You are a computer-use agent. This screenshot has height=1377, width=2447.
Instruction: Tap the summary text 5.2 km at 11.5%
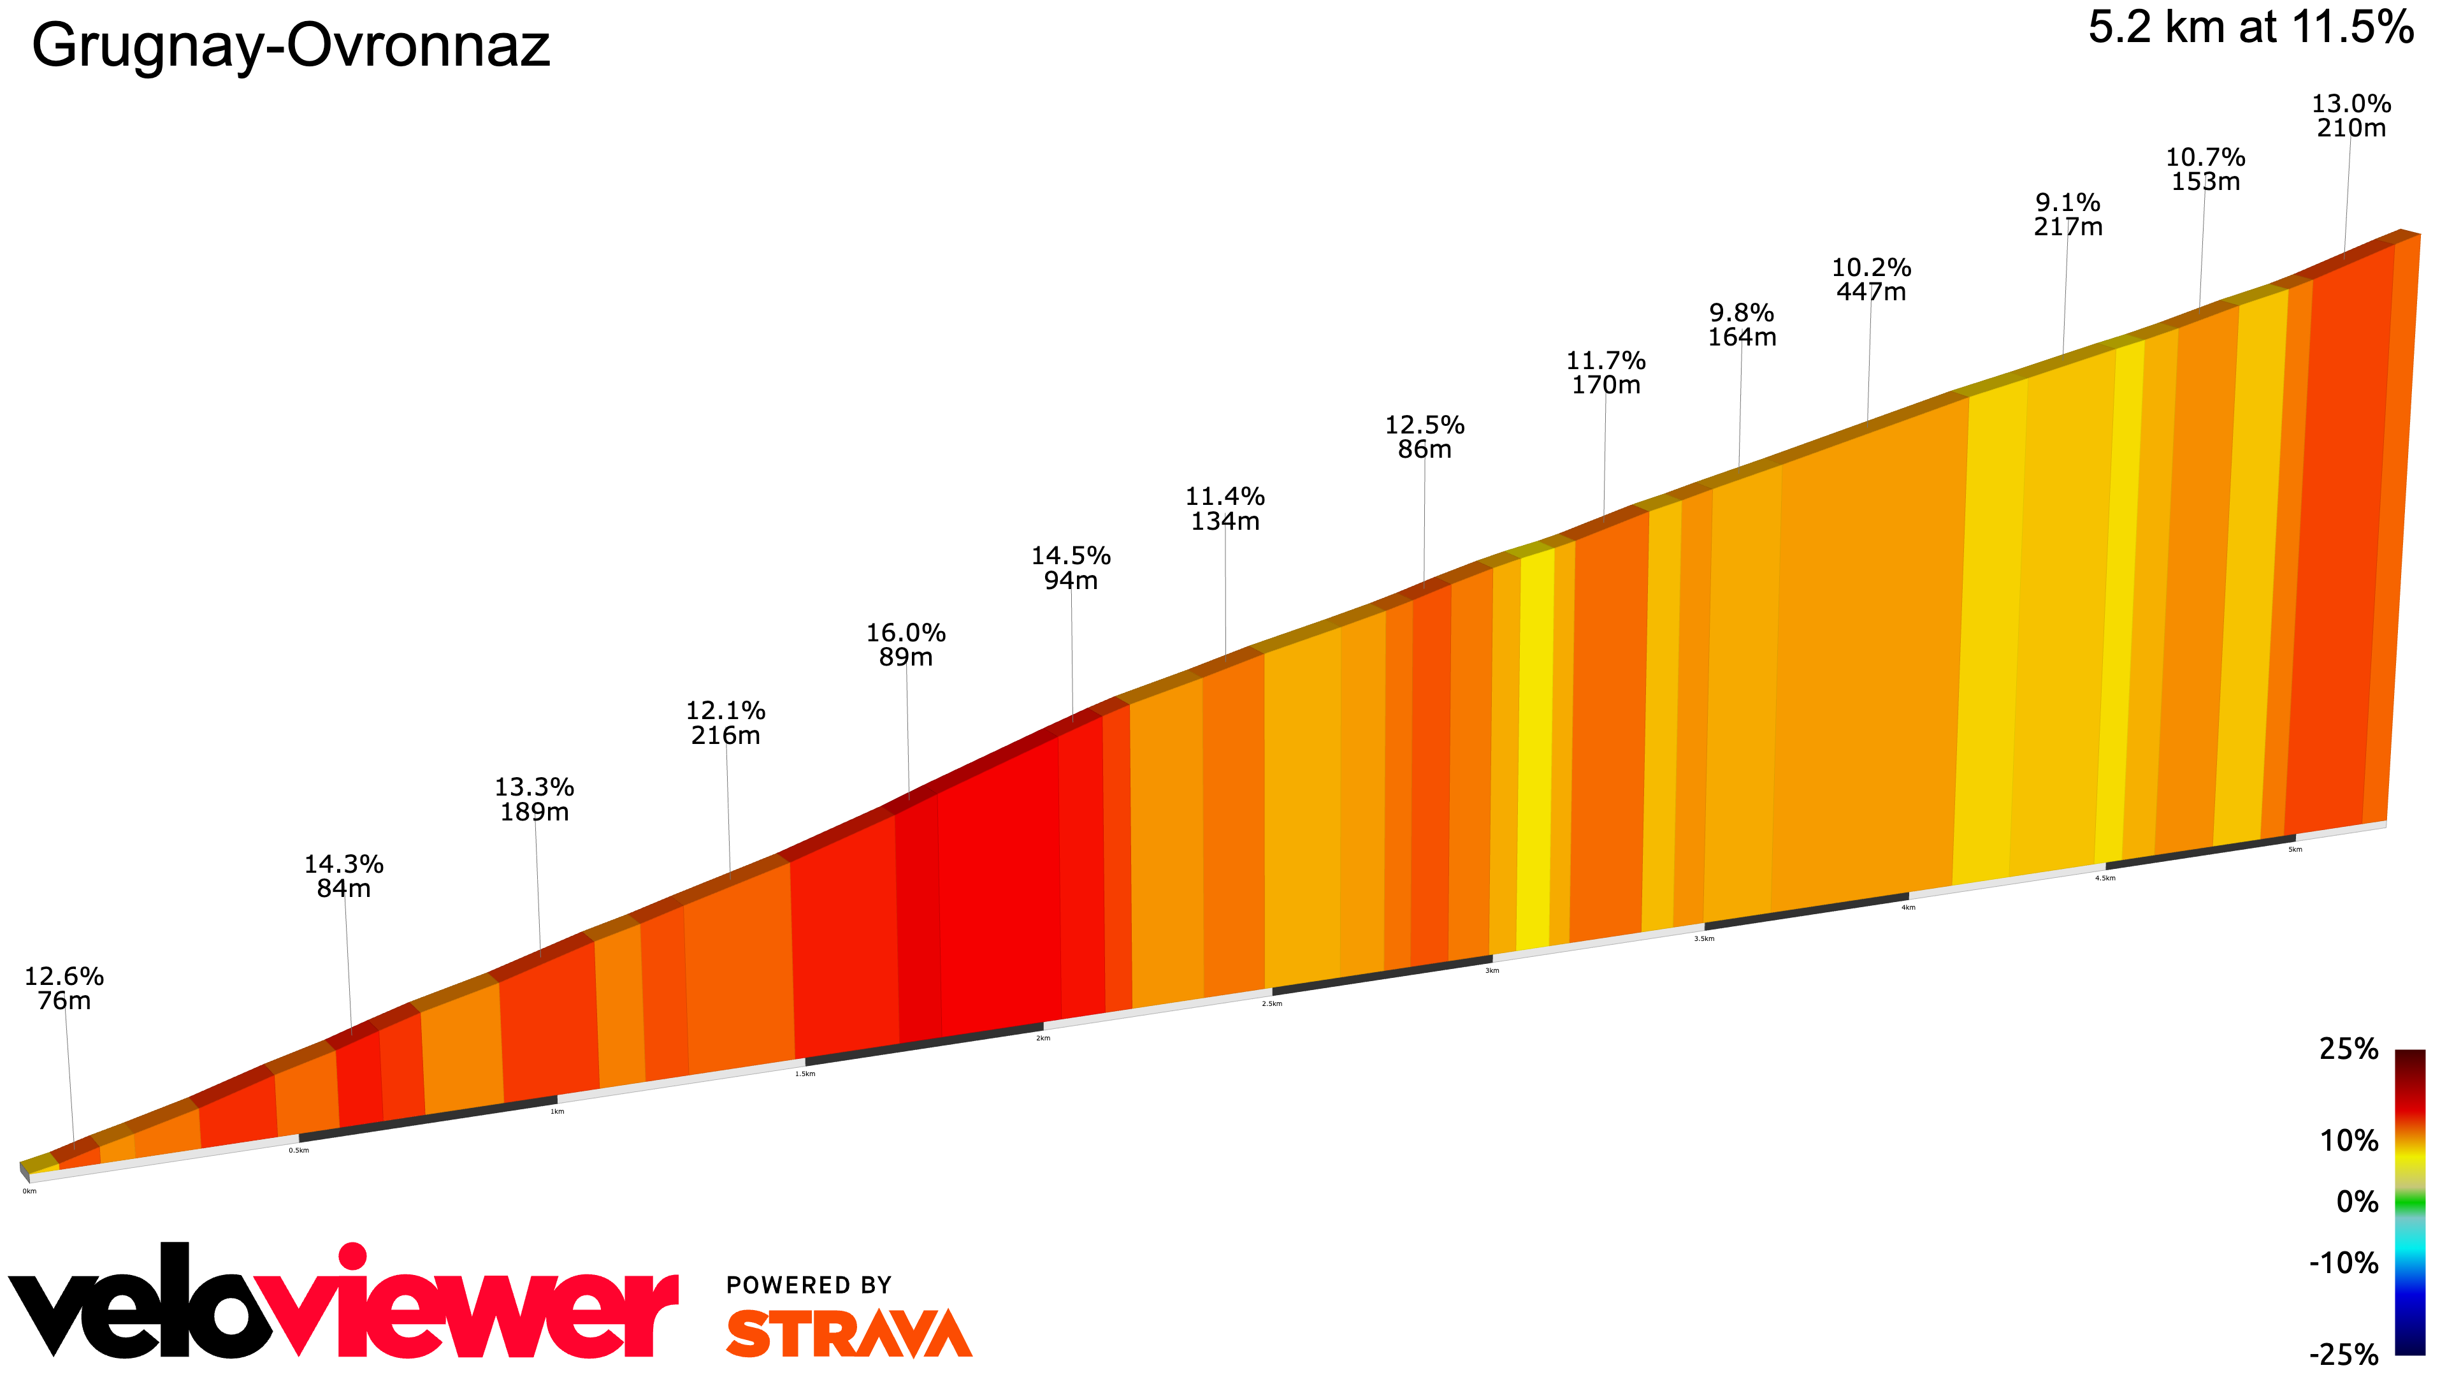(x=2249, y=27)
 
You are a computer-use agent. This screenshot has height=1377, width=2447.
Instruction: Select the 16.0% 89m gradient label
(x=906, y=645)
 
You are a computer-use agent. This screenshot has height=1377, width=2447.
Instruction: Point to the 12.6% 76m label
(x=64, y=987)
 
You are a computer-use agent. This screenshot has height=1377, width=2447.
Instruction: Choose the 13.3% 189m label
(x=534, y=799)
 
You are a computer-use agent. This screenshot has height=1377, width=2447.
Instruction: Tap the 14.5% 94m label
(x=1071, y=567)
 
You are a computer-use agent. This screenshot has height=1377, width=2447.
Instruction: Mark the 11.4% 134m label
(x=1224, y=509)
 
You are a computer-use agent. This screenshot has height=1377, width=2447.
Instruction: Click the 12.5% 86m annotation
(x=1424, y=436)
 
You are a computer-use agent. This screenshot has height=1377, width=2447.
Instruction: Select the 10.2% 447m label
(x=1870, y=279)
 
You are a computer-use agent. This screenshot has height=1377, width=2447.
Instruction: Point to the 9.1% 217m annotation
(x=2067, y=214)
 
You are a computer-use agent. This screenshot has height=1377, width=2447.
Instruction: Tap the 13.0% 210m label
(x=2350, y=115)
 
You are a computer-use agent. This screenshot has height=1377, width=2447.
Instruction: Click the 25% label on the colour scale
(x=2348, y=1049)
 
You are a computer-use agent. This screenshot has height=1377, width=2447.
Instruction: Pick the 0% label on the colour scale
(x=2357, y=1202)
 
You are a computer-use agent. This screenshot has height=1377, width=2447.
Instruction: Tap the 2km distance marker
(x=1043, y=1038)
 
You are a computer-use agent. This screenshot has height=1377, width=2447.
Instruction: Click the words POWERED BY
(x=809, y=1285)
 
